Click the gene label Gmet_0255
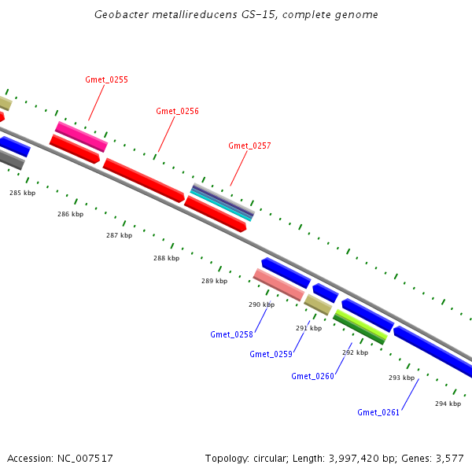pyautogui.click(x=106, y=80)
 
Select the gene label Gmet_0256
pyautogui.click(x=177, y=112)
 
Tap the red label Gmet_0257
pyautogui.click(x=249, y=146)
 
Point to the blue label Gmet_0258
pyautogui.click(x=231, y=335)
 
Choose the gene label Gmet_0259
pyautogui.click(x=271, y=355)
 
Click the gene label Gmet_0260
pyautogui.click(x=312, y=377)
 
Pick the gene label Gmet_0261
pyautogui.click(x=378, y=413)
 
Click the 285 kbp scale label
pyautogui.click(x=22, y=193)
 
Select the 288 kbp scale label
pyautogui.click(x=166, y=258)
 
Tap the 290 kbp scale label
pyautogui.click(x=261, y=304)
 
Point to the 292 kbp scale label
pyautogui.click(x=355, y=352)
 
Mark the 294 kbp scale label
pyautogui.click(x=448, y=404)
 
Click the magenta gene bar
pyautogui.click(x=81, y=137)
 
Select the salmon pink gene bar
pyautogui.click(x=278, y=284)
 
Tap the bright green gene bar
pyautogui.click(x=360, y=326)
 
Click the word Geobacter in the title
pyautogui.click(x=118, y=14)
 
